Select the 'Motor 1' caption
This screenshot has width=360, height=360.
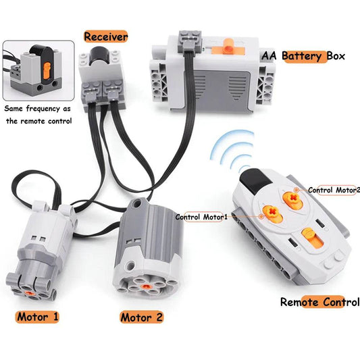point(38,315)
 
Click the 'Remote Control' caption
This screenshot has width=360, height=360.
point(319,302)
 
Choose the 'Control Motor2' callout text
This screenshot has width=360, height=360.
point(334,190)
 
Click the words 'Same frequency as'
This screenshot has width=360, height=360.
point(37,109)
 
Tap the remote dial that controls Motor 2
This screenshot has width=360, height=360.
point(291,197)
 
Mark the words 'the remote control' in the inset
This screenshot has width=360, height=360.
point(37,121)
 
